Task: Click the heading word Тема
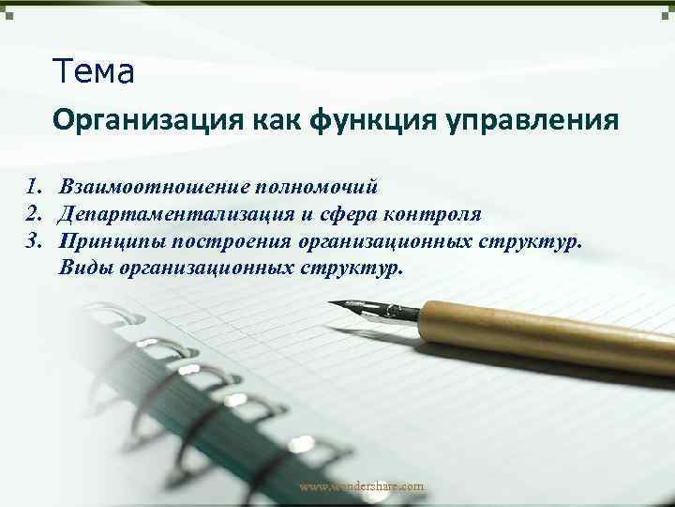pyautogui.click(x=95, y=69)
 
